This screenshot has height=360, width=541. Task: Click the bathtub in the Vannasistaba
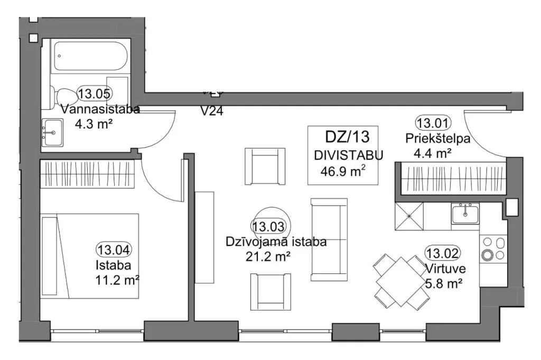pyautogui.click(x=91, y=56)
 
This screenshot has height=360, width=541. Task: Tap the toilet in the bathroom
pyautogui.click(x=64, y=98)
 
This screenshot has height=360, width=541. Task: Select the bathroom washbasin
pyautogui.click(x=52, y=133)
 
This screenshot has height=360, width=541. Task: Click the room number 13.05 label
pyautogui.click(x=95, y=94)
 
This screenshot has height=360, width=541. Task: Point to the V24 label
pyautogui.click(x=212, y=111)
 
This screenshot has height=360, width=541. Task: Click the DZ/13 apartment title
pyautogui.click(x=348, y=137)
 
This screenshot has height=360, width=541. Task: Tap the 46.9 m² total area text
pyautogui.click(x=343, y=171)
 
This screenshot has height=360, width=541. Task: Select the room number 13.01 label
pyautogui.click(x=433, y=123)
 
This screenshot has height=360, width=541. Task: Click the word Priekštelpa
pyautogui.click(x=437, y=139)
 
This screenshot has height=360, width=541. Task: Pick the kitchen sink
pyautogui.click(x=465, y=214)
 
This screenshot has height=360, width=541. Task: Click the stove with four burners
pyautogui.click(x=493, y=249)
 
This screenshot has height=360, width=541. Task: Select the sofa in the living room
pyautogui.click(x=329, y=239)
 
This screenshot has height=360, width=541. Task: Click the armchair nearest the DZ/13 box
pyautogui.click(x=265, y=167)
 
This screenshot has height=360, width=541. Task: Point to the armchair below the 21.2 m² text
pyautogui.click(x=270, y=292)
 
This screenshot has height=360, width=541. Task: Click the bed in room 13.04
pyautogui.click(x=90, y=256)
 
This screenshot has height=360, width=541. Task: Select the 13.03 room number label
pyautogui.click(x=268, y=227)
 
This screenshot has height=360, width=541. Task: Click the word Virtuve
pyautogui.click(x=446, y=269)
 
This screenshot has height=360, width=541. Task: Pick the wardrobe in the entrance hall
pyautogui.click(x=453, y=179)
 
